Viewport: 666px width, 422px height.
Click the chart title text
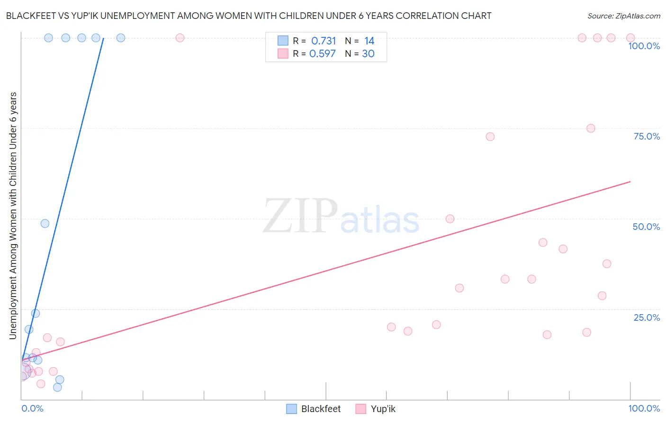pos(249,16)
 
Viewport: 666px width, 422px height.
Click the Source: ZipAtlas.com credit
pos(624,16)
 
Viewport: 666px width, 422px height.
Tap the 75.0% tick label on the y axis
pos(647,136)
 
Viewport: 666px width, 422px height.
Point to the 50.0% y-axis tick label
pos(646,227)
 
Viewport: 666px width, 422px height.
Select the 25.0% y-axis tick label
pos(647,317)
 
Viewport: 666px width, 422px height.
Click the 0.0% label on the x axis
pos(32,408)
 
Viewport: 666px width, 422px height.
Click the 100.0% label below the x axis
pos(644,408)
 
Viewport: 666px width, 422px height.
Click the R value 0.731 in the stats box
pos(324,41)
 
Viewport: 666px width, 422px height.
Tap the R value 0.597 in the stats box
pos(323,54)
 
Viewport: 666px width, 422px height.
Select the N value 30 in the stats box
pos(368,54)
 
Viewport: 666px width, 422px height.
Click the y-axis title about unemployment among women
pos(13,215)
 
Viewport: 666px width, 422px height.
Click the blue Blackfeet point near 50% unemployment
pos(45,223)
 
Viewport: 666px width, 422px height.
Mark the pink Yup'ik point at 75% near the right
pos(591,128)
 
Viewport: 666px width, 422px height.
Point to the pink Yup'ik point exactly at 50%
pos(450,219)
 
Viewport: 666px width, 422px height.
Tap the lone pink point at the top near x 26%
pos(180,38)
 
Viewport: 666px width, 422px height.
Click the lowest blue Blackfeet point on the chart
pos(57,387)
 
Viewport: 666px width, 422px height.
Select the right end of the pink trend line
pos(630,182)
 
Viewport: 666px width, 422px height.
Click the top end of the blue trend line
pos(104,38)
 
